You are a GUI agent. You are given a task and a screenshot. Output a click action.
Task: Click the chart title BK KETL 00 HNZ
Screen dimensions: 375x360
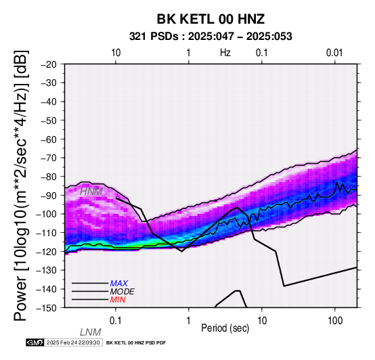pyautogui.click(x=211, y=19)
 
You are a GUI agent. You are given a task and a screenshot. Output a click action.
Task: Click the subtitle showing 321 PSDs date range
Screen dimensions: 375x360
pyautogui.click(x=211, y=37)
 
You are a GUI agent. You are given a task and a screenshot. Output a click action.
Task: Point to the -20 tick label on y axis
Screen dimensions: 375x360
pyautogui.click(x=49, y=64)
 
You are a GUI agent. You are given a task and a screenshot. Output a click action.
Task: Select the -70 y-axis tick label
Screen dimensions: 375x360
pyautogui.click(x=49, y=158)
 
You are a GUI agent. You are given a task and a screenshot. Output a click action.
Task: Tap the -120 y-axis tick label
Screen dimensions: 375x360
pyautogui.click(x=46, y=252)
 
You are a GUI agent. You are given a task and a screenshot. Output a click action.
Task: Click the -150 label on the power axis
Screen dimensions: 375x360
pyautogui.click(x=46, y=308)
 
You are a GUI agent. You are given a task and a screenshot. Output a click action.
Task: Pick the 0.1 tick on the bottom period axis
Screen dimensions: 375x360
pyautogui.click(x=116, y=321)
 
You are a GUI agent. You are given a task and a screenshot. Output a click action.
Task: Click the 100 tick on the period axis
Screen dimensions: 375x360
pyautogui.click(x=335, y=321)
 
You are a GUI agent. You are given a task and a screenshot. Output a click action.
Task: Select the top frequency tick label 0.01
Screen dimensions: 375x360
pyautogui.click(x=334, y=53)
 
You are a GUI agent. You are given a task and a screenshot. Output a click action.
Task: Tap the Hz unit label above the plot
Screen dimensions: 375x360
pyautogui.click(x=225, y=53)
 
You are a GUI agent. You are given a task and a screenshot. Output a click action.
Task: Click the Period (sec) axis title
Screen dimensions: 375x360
pyautogui.click(x=225, y=328)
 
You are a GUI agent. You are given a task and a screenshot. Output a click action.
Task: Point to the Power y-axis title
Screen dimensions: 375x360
pyautogui.click(x=20, y=185)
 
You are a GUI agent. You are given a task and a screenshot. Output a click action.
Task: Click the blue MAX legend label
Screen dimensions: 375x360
pyautogui.click(x=119, y=284)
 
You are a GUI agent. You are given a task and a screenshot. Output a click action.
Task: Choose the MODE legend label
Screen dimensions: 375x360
pyautogui.click(x=123, y=292)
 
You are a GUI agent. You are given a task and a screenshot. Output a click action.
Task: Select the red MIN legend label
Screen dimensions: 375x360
pyautogui.click(x=118, y=300)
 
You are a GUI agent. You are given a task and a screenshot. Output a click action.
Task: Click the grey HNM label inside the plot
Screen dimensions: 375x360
pyautogui.click(x=91, y=192)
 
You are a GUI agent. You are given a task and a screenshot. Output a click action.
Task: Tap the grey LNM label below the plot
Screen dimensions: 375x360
pyautogui.click(x=91, y=332)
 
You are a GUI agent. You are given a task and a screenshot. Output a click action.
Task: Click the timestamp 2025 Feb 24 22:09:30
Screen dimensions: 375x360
pyautogui.click(x=73, y=342)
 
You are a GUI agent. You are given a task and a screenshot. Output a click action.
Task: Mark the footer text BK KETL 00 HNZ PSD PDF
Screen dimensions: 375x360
pyautogui.click(x=136, y=343)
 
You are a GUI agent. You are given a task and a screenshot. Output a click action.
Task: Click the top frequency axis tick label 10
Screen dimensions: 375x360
pyautogui.click(x=116, y=53)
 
